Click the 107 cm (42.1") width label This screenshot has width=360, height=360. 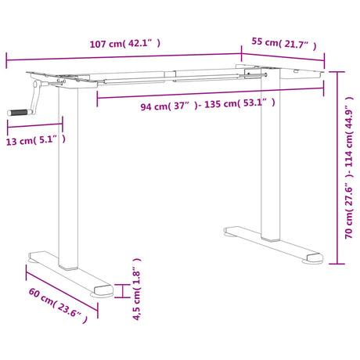[x=124, y=44]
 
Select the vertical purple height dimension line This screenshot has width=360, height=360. [x=338, y=167]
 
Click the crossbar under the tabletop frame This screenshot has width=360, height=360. [x=203, y=77]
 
